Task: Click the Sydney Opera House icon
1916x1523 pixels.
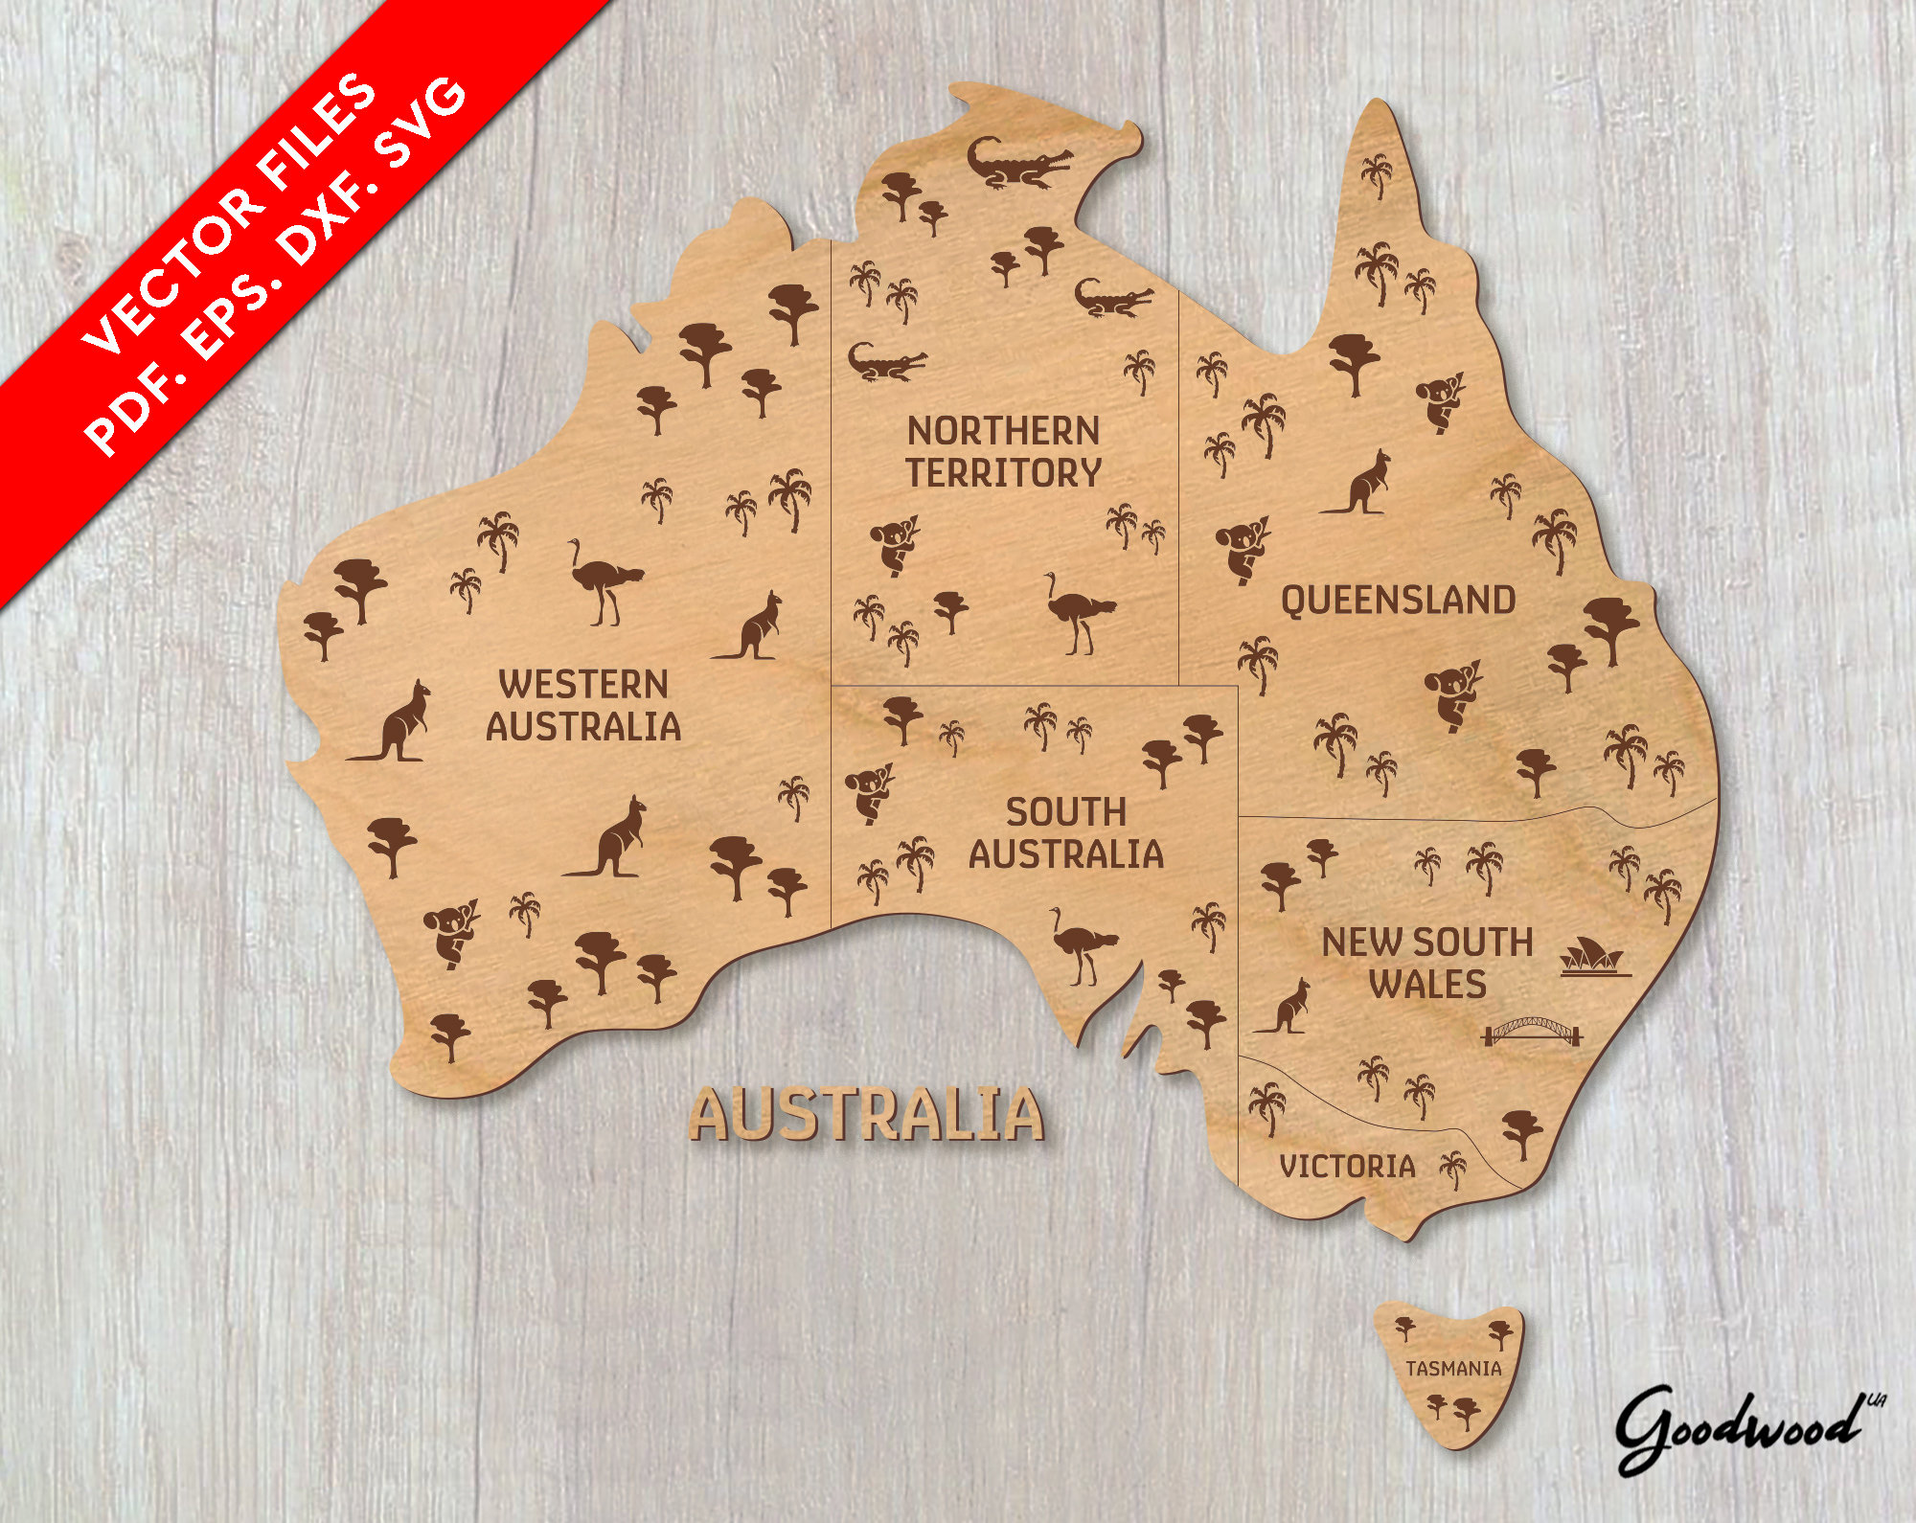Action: (x=1595, y=959)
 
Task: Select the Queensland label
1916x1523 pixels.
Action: (x=1398, y=601)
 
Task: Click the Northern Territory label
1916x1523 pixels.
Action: (x=1004, y=452)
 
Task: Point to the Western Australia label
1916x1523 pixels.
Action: (x=583, y=706)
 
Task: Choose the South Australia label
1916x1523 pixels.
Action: (x=1066, y=833)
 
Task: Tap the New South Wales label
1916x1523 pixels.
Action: (x=1427, y=964)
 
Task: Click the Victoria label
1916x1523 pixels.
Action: (x=1347, y=1166)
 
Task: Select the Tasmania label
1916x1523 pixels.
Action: (x=1453, y=1369)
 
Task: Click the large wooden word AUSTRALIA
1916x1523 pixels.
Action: (x=867, y=1115)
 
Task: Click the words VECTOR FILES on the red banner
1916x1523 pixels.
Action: (x=230, y=211)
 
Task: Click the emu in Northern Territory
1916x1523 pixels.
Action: (x=1079, y=612)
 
